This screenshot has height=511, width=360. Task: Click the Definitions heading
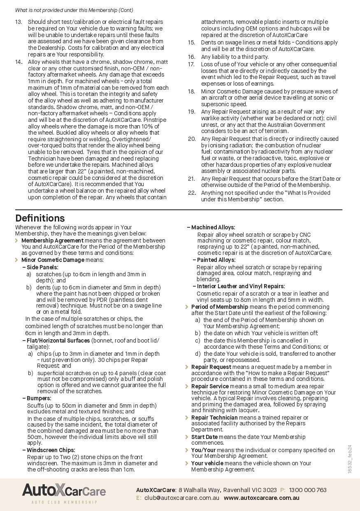coord(40,218)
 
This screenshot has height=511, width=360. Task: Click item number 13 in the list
coord(19,22)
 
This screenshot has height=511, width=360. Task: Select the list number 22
coord(191,193)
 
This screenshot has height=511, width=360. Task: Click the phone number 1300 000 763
coord(307,490)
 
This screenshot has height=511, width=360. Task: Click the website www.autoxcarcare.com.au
coord(261,498)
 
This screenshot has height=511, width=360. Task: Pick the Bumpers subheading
coord(39,398)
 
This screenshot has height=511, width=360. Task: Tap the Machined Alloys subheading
coord(213,227)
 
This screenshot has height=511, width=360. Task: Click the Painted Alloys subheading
coord(216,260)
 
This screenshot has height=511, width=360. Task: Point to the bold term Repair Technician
coord(214,418)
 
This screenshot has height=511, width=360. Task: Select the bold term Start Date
coord(204,437)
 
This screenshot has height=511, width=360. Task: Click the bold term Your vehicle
coord(207,463)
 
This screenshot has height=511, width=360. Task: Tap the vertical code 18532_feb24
coord(349,459)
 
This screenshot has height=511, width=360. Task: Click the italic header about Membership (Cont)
coord(74,10)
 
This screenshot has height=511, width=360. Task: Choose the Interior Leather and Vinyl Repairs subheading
coord(240,286)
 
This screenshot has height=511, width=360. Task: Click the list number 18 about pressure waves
coord(191,91)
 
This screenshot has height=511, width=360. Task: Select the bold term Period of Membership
coord(219,307)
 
